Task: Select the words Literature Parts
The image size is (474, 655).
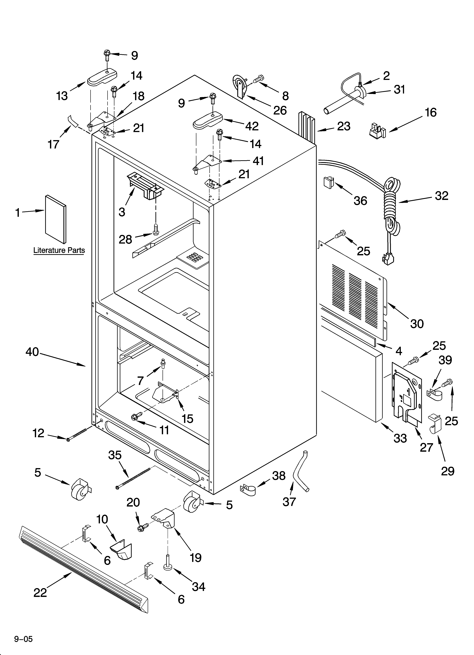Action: (x=59, y=250)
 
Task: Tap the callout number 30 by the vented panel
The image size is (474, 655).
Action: (x=417, y=324)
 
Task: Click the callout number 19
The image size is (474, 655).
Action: (x=195, y=558)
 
